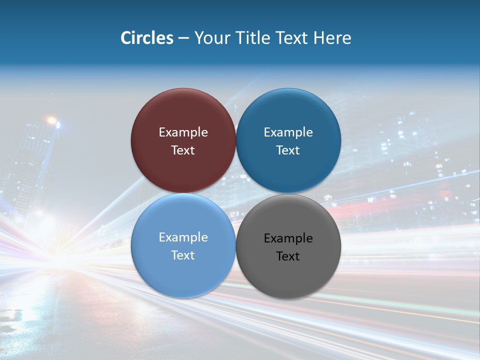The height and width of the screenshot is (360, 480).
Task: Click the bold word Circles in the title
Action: [146, 38]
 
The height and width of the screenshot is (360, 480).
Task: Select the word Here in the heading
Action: [332, 38]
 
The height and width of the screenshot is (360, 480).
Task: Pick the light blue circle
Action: [183, 270]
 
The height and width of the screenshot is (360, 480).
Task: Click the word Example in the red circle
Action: [183, 132]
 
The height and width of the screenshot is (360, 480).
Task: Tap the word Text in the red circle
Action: [183, 150]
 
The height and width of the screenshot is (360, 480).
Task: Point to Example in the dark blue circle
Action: [288, 132]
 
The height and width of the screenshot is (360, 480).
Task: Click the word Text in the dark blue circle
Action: [288, 150]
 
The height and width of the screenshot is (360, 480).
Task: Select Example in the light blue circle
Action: [183, 237]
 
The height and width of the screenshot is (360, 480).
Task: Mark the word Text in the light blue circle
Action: [183, 255]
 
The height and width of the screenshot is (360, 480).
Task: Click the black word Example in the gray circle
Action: [288, 238]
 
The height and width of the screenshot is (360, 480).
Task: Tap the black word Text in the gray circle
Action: [288, 256]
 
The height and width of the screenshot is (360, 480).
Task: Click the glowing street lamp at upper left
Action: [51, 120]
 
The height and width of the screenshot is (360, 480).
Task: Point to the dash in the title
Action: [183, 38]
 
